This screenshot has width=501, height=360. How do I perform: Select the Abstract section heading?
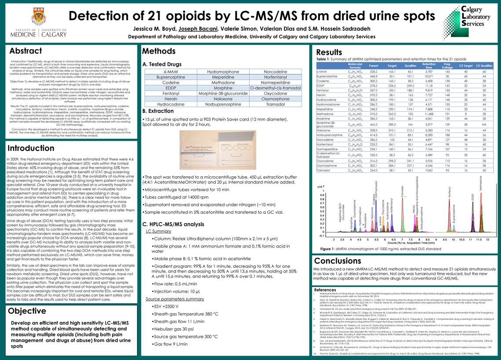point(25,51)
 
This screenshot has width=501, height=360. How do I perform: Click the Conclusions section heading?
point(341,261)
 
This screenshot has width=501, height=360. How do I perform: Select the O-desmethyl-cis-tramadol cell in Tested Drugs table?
point(275,87)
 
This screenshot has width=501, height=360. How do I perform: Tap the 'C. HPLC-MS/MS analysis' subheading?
point(174,224)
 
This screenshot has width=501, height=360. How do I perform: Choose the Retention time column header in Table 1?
point(428,65)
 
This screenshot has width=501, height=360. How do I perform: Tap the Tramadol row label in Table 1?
point(324,170)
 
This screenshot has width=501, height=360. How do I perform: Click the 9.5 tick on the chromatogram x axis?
point(445,239)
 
